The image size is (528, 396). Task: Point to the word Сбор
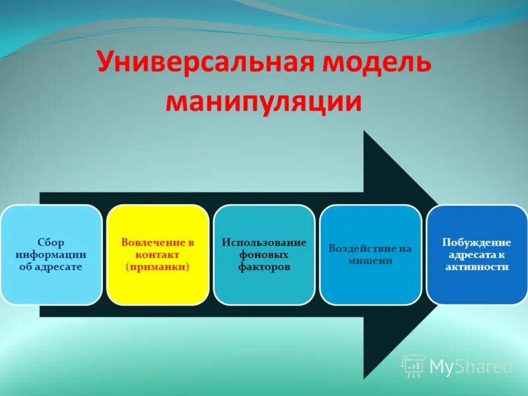tap(51, 242)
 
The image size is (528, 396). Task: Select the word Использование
tap(264, 242)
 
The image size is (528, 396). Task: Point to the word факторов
tap(264, 267)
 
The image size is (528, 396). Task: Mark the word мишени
tap(370, 261)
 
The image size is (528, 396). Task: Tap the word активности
tap(477, 267)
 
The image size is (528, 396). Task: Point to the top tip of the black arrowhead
tap(364, 131)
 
